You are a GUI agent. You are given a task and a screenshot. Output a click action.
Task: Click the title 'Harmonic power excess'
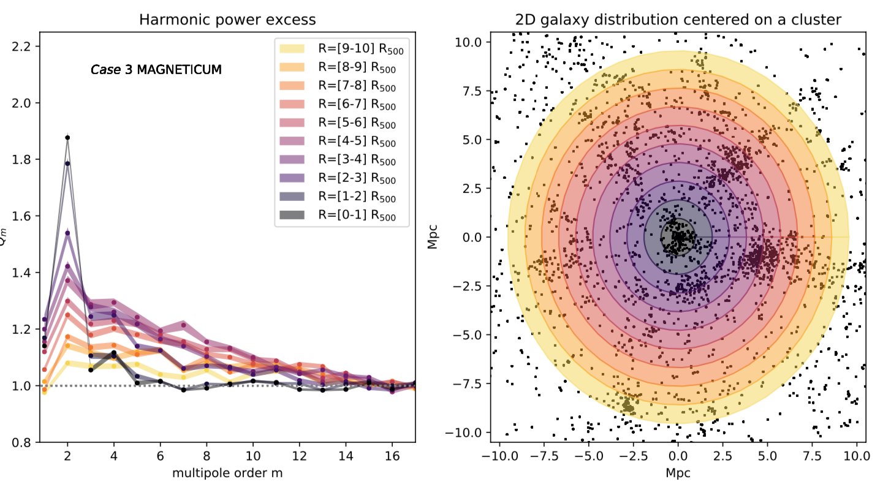(227, 20)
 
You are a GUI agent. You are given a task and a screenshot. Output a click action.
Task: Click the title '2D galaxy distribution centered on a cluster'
(678, 20)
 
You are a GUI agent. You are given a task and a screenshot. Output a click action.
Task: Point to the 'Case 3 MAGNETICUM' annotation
(156, 70)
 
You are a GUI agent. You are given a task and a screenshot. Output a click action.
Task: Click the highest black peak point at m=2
(67, 137)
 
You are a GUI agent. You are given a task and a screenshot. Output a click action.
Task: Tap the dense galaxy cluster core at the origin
(677, 237)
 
